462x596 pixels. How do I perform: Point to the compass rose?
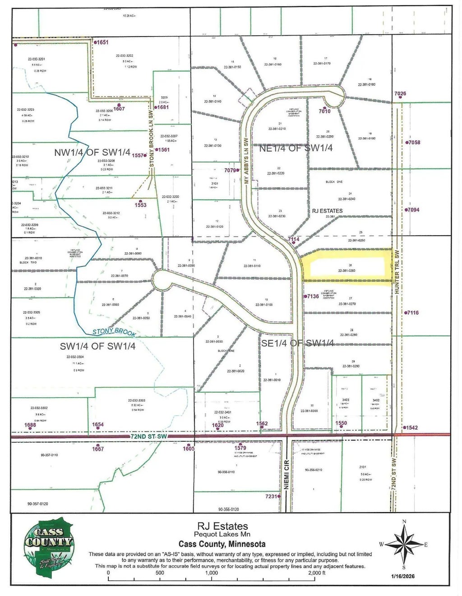coord(404,544)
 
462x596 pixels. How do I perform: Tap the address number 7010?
coord(325,111)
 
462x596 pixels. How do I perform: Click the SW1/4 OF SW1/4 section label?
coord(97,346)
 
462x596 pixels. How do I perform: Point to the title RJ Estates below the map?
coord(222,526)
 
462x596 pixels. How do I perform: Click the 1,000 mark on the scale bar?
coord(211,573)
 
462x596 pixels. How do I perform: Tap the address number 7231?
coord(271,496)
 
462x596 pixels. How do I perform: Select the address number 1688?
coord(30,425)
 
